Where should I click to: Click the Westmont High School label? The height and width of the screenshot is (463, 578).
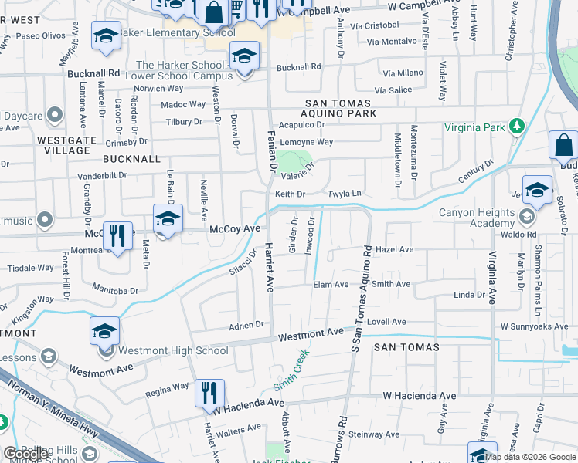click(169, 351)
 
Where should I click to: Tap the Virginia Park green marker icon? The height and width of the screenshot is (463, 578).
click(517, 127)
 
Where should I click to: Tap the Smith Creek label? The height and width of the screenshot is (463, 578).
click(291, 369)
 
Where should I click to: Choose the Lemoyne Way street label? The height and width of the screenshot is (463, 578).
click(306, 142)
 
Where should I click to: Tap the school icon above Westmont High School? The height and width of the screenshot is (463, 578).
click(104, 331)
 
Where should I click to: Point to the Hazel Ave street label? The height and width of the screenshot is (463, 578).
click(394, 250)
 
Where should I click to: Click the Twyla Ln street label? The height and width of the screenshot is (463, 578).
click(345, 194)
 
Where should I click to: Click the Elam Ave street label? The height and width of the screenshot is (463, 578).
click(331, 284)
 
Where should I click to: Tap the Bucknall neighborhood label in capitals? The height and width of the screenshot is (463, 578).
click(132, 159)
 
